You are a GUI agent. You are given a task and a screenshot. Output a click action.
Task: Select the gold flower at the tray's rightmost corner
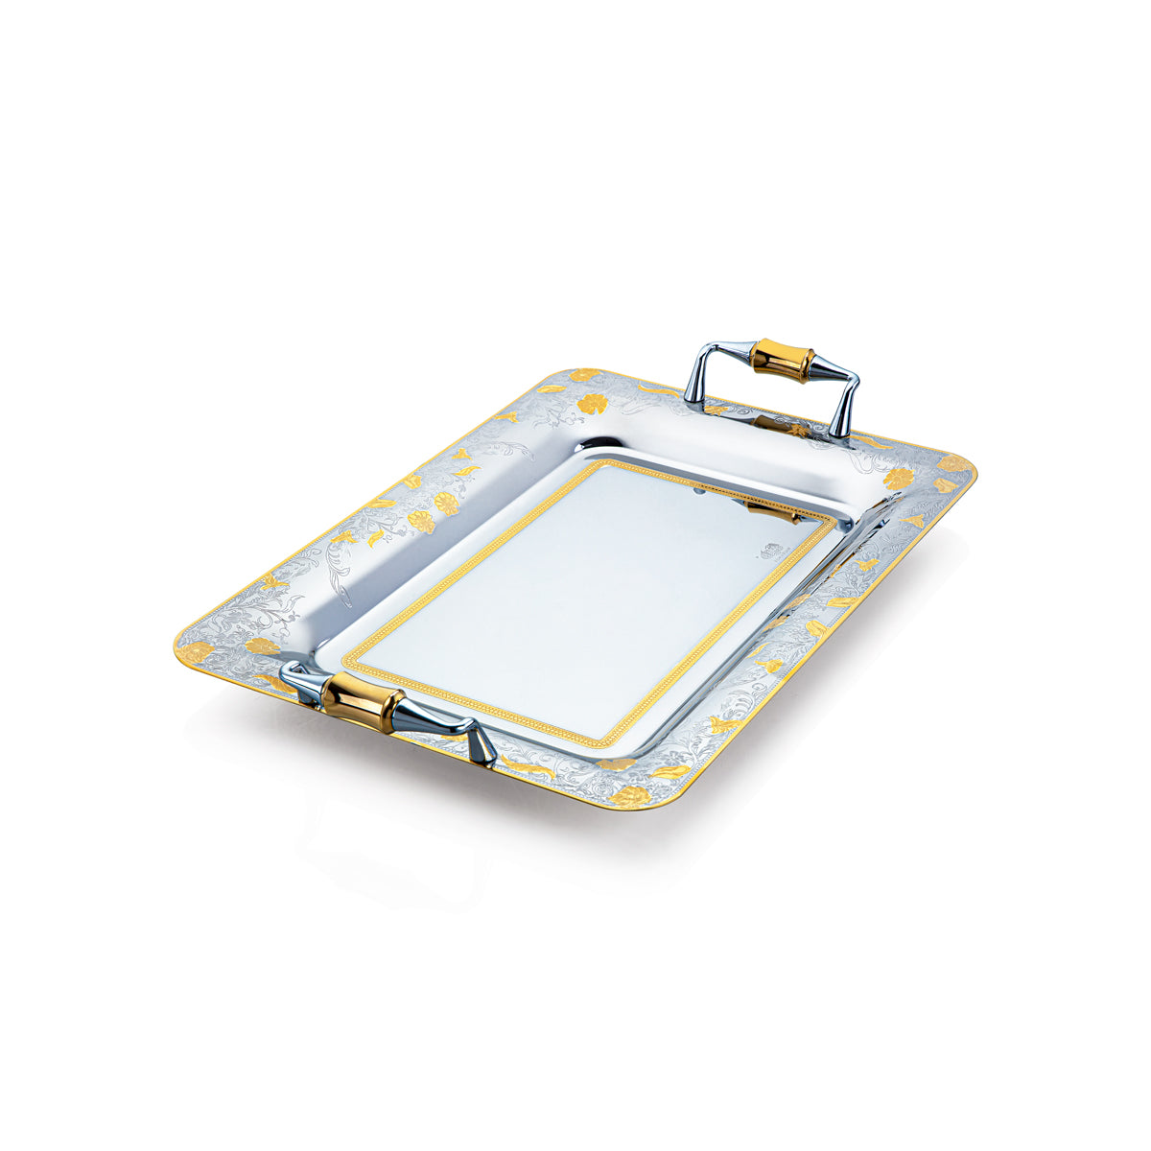click(953, 464)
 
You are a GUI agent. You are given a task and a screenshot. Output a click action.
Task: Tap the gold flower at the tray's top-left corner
click(582, 375)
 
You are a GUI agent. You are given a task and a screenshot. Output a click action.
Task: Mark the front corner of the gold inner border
click(602, 742)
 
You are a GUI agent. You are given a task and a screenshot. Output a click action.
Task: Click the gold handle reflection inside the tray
click(772, 512)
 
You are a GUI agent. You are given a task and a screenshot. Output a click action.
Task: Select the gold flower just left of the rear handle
click(592, 404)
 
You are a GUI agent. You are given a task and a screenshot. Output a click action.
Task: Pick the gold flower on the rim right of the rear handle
click(899, 479)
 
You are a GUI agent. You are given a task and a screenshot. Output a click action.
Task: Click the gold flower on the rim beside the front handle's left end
click(262, 646)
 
